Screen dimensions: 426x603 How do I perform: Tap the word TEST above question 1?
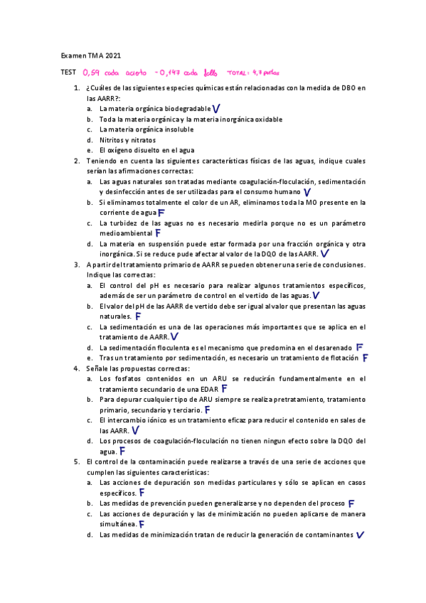tap(68, 73)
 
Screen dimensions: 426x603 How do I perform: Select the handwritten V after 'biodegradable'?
tap(215, 108)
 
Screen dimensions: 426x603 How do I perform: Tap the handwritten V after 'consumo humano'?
tap(307, 192)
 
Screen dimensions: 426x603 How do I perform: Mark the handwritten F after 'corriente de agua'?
tap(161, 212)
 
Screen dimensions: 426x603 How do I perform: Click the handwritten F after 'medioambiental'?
tap(157, 233)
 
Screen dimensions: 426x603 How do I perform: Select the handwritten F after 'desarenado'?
tap(360, 347)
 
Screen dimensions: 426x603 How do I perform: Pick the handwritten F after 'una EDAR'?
tap(224, 389)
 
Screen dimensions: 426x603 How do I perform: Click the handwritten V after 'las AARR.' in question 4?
tap(135, 430)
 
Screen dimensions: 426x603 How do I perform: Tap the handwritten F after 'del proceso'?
tap(351, 503)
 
